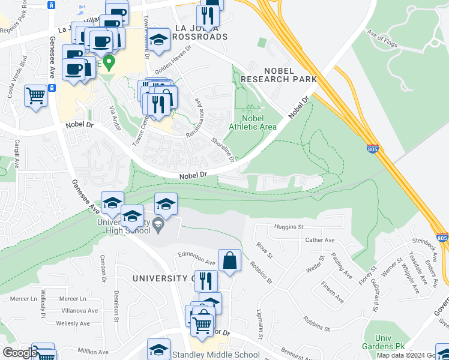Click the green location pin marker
(109, 62)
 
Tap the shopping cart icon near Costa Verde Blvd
(35, 95)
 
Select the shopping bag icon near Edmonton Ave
(229, 260)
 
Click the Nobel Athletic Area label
(253, 122)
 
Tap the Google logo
(19, 353)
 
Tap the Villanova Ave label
(77, 311)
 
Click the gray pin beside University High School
(158, 226)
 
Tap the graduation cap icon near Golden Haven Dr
(158, 40)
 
